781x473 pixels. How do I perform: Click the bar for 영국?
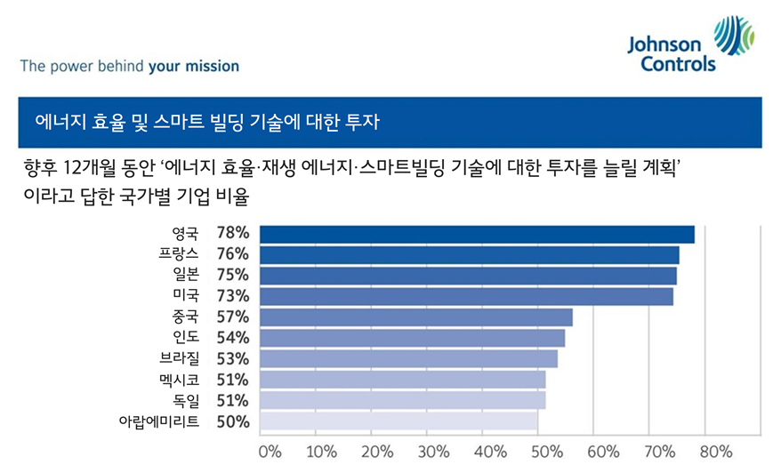pos(476,234)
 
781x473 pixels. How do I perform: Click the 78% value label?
pos(232,234)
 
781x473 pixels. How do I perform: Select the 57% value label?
pos(232,317)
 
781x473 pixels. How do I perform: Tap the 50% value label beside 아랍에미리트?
pos(232,421)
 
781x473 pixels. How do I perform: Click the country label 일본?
pos(186,276)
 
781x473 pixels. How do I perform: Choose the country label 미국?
pos(186,296)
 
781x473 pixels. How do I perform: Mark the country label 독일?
pos(186,401)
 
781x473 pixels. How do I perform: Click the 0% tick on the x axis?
pos(269,451)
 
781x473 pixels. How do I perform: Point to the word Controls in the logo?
pos(679,64)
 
